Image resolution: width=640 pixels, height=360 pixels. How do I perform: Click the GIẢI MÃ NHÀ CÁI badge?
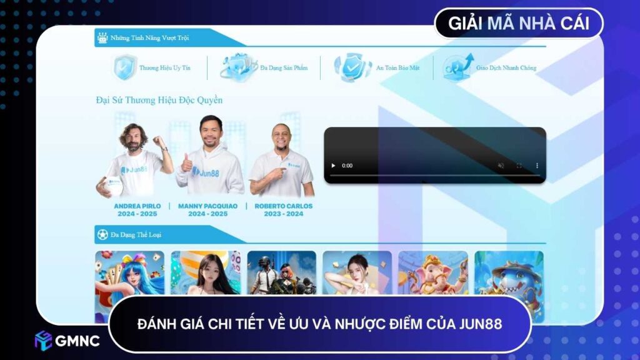click(518, 24)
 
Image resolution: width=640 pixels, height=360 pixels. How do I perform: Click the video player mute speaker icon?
click(501, 166)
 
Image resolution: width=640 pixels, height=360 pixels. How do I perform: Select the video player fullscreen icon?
click(519, 166)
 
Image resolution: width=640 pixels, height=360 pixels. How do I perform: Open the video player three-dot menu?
click(537, 166)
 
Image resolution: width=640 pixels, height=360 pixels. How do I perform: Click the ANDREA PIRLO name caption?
click(137, 206)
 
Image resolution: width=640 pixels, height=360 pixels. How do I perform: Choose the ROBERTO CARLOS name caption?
click(283, 206)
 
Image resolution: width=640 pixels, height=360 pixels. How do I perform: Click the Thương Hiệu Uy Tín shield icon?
click(124, 67)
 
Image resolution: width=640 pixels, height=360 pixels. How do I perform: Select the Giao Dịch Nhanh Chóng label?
click(506, 68)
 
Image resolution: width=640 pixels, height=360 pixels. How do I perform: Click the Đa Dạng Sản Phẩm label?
click(284, 68)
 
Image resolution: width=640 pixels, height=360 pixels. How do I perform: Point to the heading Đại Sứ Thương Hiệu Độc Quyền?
click(159, 100)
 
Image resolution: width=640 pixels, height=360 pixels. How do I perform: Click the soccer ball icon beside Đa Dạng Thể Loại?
click(102, 235)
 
